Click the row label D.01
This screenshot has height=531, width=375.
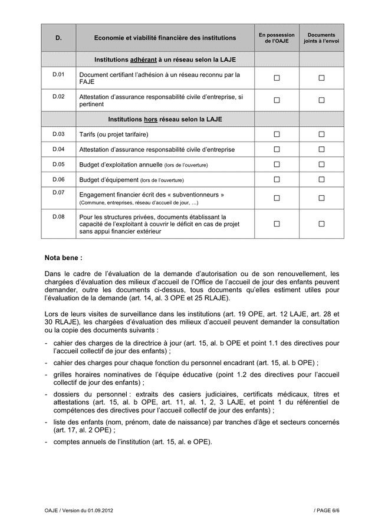[58, 74]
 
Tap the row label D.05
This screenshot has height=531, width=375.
[58, 164]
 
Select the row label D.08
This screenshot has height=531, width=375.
[58, 217]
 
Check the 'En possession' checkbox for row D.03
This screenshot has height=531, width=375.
[277, 135]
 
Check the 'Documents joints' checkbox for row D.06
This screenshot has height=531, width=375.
[321, 179]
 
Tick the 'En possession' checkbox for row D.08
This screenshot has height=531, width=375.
[277, 224]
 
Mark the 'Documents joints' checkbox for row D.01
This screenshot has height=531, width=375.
[321, 78]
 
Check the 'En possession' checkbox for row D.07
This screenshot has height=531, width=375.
[277, 198]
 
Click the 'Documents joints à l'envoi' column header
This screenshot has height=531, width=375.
[321, 38]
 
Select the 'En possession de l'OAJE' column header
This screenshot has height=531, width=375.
[277, 38]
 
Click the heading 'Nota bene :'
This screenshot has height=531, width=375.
[64, 258]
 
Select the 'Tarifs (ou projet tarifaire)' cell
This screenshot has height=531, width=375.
[114, 135]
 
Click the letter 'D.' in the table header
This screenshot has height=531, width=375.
[58, 38]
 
